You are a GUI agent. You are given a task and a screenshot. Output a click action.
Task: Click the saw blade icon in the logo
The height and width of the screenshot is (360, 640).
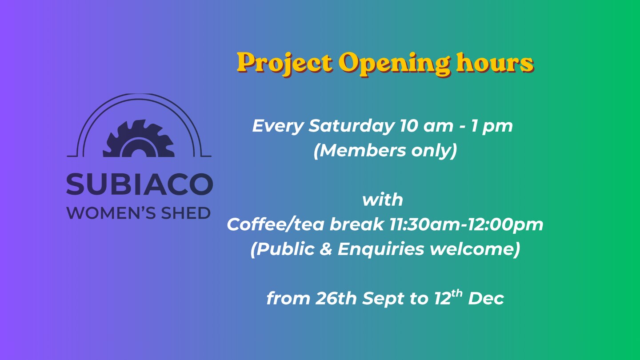[x=139, y=139]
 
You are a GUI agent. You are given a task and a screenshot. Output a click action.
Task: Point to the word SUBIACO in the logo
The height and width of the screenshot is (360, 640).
[x=140, y=184]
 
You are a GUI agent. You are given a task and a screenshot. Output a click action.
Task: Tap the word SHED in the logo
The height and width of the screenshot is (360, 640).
[x=186, y=213]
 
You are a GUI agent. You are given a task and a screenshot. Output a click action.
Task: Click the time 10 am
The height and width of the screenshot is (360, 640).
[x=426, y=126]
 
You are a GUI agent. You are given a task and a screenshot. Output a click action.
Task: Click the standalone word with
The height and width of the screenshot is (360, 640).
[x=383, y=200]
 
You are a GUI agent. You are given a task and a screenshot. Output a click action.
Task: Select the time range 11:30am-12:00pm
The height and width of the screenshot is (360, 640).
[x=466, y=225]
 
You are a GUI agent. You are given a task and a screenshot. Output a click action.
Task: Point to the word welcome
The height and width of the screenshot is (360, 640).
[x=472, y=249]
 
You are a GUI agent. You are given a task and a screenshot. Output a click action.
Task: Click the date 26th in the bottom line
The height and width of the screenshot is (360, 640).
[x=336, y=298]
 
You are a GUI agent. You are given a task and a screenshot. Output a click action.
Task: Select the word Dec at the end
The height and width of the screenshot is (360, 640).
[x=486, y=299]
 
